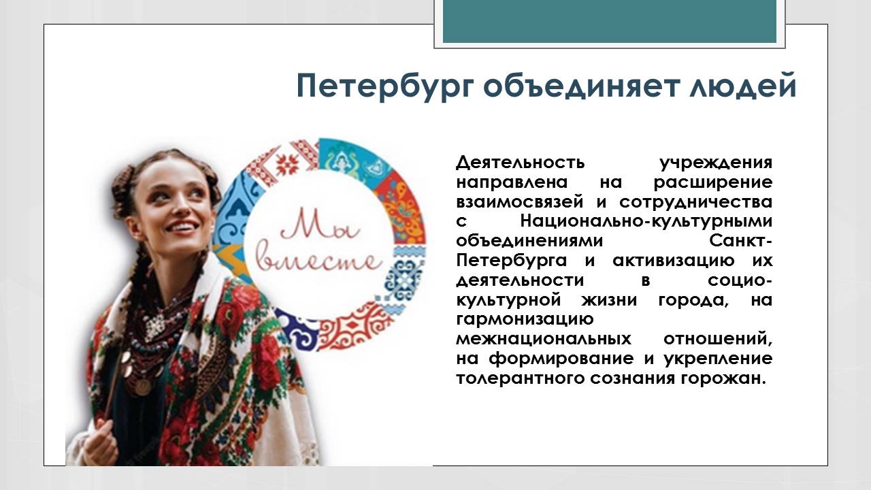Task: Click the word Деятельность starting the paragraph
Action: (x=520, y=163)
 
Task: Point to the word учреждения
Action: (x=716, y=163)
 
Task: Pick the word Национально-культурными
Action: (x=646, y=222)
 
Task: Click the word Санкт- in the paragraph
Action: (x=740, y=242)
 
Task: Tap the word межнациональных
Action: (x=542, y=339)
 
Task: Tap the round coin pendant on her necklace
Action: (x=142, y=385)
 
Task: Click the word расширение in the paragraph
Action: (x=712, y=183)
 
